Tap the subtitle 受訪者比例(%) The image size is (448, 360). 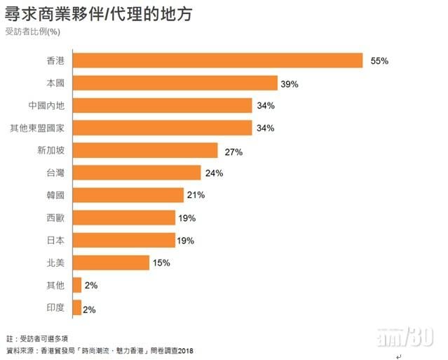pos(33,32)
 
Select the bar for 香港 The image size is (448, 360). pos(217,60)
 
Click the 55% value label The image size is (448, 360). pos(379,61)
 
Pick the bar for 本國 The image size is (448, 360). pos(175,83)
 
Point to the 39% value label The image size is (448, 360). pos(290,84)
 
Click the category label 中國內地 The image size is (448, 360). pos(46,106)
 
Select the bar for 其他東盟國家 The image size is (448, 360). pos(162,128)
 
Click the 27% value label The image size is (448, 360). pos(233,151)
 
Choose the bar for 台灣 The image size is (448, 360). pos(137,173)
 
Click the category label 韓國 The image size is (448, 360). pos(55,195)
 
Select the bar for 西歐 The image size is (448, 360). pos(123,218)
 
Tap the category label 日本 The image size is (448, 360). pos(55,240)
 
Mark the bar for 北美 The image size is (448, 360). pos(111,262)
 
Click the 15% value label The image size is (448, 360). pos(161,263)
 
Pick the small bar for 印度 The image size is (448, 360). pos(76,307)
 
